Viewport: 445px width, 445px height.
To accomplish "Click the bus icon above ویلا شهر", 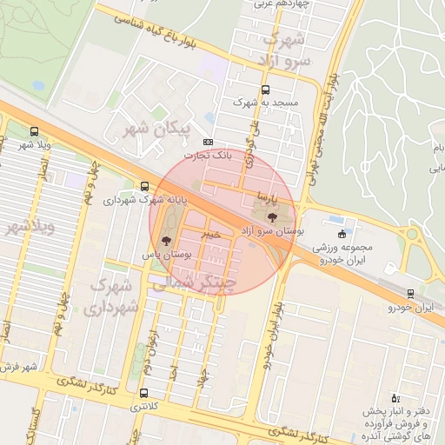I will click(34, 131).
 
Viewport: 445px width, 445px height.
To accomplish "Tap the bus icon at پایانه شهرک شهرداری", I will click(143, 185).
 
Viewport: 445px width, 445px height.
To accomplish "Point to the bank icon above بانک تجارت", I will click(208, 142).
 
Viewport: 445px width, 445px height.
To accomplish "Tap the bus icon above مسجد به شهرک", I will click(265, 89).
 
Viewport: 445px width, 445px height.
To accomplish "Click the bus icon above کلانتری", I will click(144, 393).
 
